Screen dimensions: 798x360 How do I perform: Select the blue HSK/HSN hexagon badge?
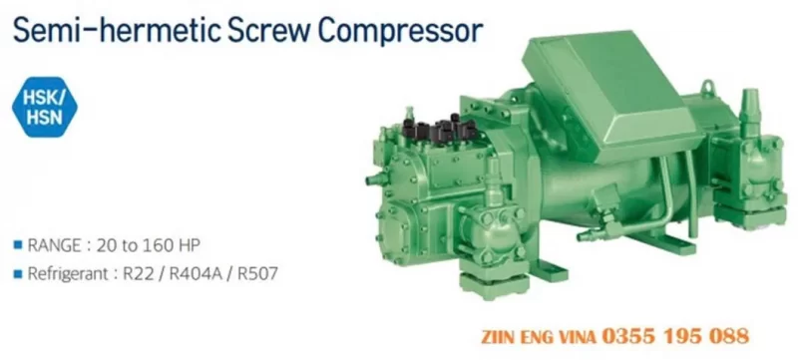pos(44,108)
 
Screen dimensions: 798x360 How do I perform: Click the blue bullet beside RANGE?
pos(18,245)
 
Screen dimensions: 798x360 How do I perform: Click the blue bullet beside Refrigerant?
pos(18,274)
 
